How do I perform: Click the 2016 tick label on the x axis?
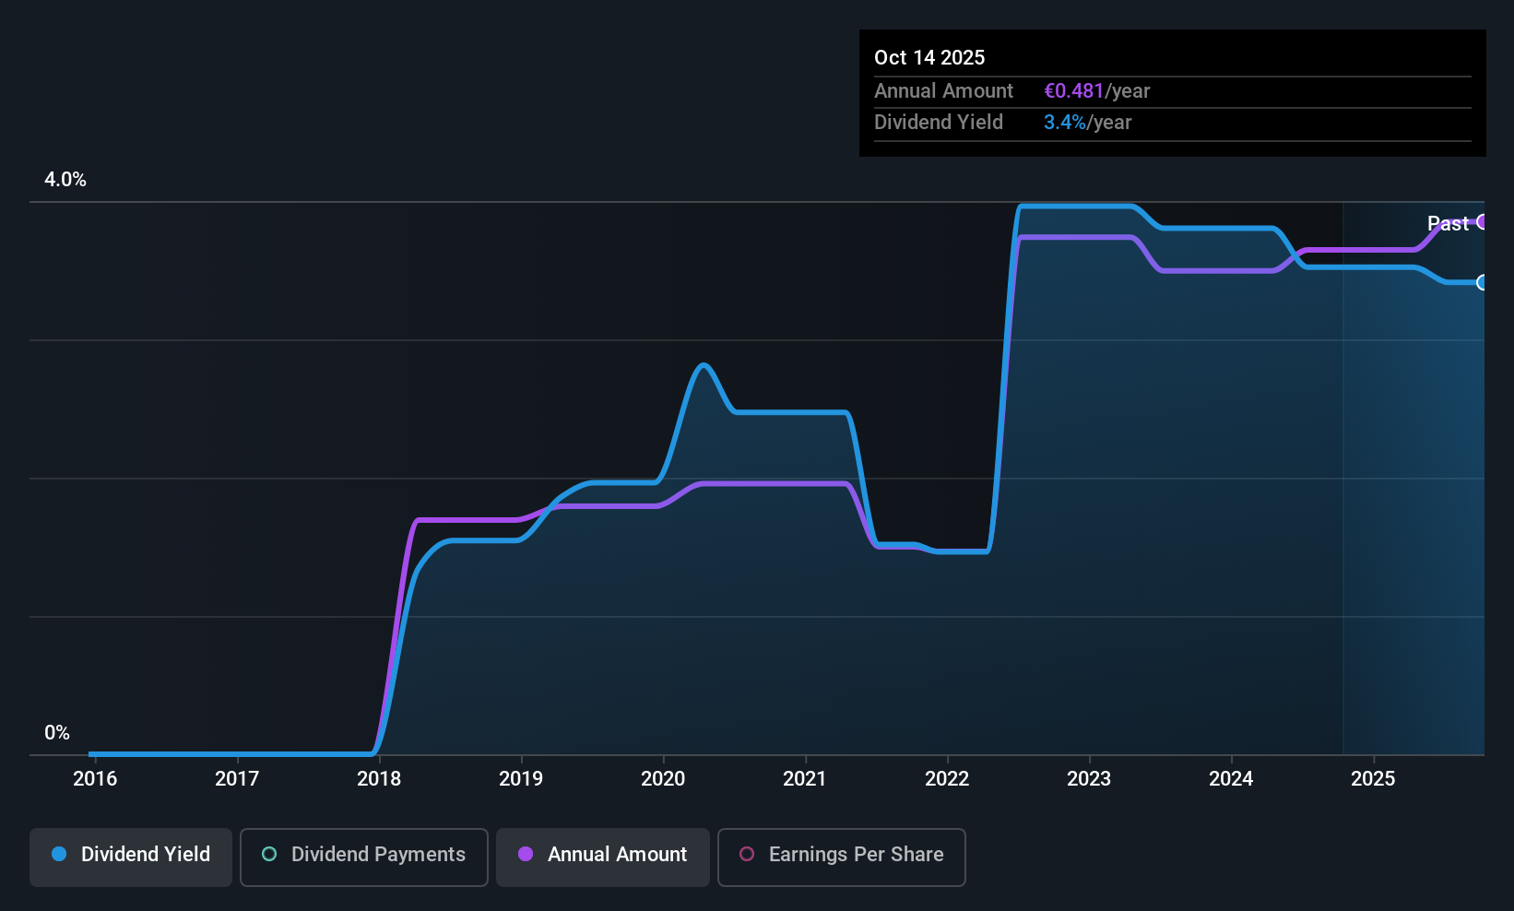coord(95,778)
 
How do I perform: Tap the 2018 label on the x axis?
coord(379,778)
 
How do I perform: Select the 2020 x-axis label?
coord(663,778)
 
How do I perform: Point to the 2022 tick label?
coord(947,778)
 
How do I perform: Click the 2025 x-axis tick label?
coord(1373,778)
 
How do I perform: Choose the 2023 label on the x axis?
coord(1089,778)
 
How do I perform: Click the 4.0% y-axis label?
coord(65,180)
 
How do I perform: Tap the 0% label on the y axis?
coord(57,733)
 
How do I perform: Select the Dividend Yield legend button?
coord(131,855)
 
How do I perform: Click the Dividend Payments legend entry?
coord(364,855)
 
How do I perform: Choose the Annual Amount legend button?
coord(603,855)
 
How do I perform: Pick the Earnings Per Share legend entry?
coord(842,855)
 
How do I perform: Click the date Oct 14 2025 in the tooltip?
coord(929,57)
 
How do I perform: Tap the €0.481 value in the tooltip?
coord(1073,91)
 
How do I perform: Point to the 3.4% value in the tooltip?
coord(1064,123)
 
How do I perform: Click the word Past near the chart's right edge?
coord(1448,223)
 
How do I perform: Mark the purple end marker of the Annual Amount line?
coord(1483,221)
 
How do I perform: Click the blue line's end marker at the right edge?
coord(1483,282)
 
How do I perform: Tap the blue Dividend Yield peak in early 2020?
coord(704,365)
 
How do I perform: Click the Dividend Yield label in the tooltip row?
coord(939,123)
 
